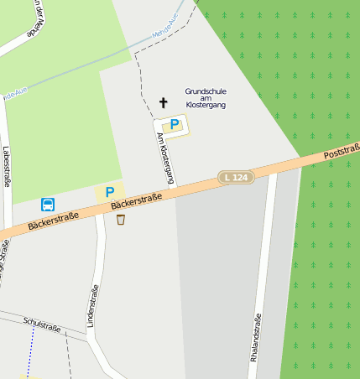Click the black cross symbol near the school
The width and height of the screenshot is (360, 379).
[x=164, y=103]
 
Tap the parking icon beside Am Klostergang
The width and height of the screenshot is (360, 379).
[x=174, y=124]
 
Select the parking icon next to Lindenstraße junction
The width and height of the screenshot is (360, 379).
[x=109, y=192]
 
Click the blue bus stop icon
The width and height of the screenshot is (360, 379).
[x=48, y=204]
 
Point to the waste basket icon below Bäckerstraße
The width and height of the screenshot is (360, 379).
[x=121, y=220]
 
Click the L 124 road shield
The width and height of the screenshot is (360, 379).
[x=236, y=177]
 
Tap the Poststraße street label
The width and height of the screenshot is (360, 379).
[x=342, y=153]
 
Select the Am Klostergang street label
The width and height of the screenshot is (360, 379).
[x=165, y=158]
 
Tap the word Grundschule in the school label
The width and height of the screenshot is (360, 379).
[x=206, y=91]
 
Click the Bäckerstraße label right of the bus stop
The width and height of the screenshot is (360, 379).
[x=53, y=221]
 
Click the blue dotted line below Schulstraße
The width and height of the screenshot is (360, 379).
[x=30, y=352]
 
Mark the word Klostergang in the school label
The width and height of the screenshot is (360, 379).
[x=206, y=106]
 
